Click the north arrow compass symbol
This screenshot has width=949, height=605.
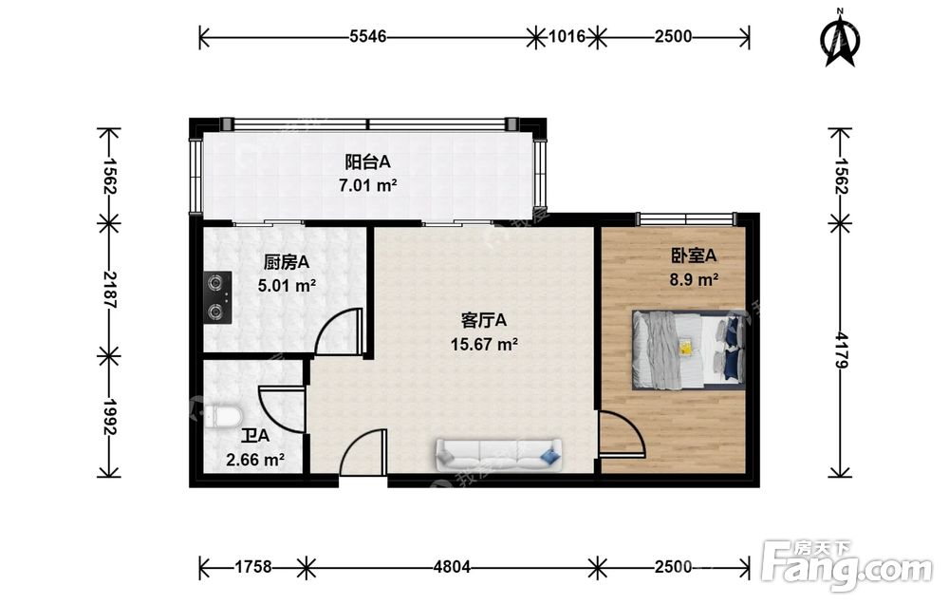tap(840, 38)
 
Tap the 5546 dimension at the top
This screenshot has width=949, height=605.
tap(368, 36)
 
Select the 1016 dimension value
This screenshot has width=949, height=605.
tap(567, 36)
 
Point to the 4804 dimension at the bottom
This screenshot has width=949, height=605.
tap(452, 567)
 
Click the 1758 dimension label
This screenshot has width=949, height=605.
tap(253, 567)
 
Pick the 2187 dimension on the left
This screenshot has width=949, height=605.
tap(109, 289)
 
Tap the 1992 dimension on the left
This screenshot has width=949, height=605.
tap(109, 417)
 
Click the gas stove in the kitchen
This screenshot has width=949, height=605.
tap(218, 296)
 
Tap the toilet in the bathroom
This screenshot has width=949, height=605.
tap(223, 417)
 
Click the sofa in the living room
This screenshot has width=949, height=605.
tap(498, 455)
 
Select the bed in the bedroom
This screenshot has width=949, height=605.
tap(689, 350)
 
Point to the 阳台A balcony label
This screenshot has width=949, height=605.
tap(367, 162)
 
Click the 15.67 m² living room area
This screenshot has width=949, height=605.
tap(484, 344)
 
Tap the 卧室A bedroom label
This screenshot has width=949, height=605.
tap(694, 255)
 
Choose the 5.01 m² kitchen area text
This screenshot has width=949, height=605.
tap(287, 285)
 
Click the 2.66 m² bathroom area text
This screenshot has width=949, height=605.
tap(255, 460)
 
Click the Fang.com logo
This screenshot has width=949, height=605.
tap(847, 565)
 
